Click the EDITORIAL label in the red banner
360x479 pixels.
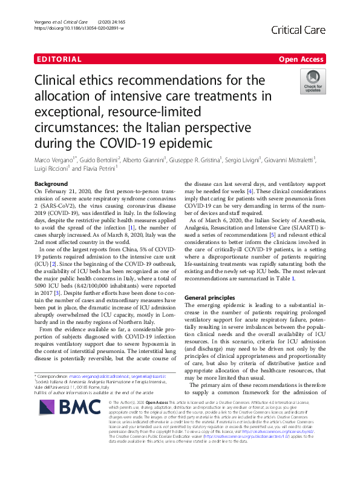tap(59, 59)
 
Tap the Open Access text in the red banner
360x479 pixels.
tap(301, 59)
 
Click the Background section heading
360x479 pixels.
tap(51, 183)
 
